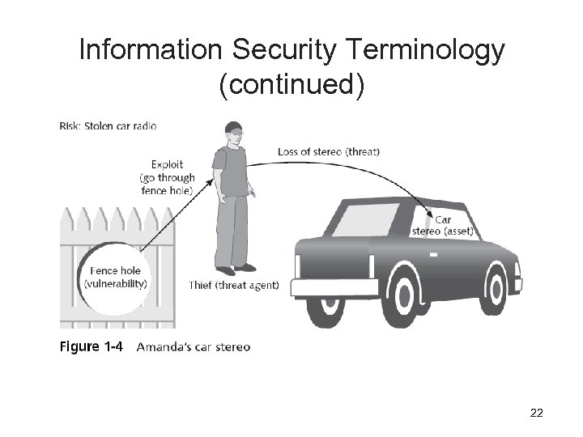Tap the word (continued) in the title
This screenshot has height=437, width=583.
click(291, 85)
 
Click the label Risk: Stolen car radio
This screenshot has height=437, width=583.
click(109, 125)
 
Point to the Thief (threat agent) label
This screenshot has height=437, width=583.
click(233, 285)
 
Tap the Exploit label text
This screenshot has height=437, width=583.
click(167, 164)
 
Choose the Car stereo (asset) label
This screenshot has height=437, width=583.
click(443, 226)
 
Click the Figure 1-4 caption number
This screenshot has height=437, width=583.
click(91, 347)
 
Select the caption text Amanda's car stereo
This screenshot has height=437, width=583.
click(194, 347)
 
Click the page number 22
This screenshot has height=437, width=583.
click(536, 414)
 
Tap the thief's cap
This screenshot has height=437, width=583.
click(235, 128)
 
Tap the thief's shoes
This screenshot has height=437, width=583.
click(235, 269)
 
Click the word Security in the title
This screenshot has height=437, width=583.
click(282, 51)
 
